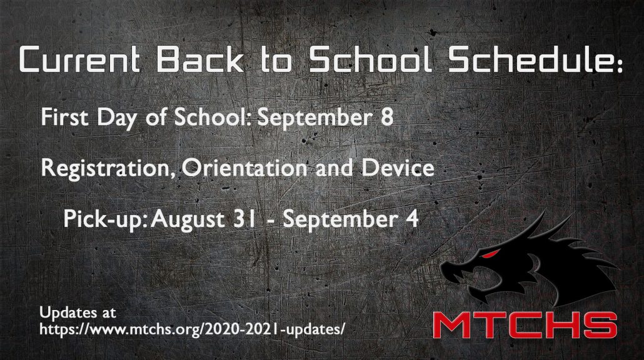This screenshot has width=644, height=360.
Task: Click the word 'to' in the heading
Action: click(276, 60)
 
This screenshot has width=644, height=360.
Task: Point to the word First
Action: click(65, 117)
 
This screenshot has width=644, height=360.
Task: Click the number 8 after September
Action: click(387, 117)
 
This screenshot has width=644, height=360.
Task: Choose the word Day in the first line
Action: click(117, 119)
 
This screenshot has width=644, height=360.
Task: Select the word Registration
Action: click(108, 169)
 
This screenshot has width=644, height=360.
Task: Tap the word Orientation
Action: click(245, 168)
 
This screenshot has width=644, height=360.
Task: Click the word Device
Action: click(398, 167)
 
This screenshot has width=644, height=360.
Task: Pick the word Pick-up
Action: click(105, 220)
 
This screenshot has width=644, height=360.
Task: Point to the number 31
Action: click(244, 219)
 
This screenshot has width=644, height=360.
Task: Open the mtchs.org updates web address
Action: click(192, 329)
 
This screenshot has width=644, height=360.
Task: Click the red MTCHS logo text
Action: click(525, 325)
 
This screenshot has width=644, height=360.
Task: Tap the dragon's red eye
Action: click(491, 254)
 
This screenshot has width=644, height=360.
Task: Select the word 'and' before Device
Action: click(335, 168)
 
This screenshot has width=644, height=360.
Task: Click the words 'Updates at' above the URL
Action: click(78, 313)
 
